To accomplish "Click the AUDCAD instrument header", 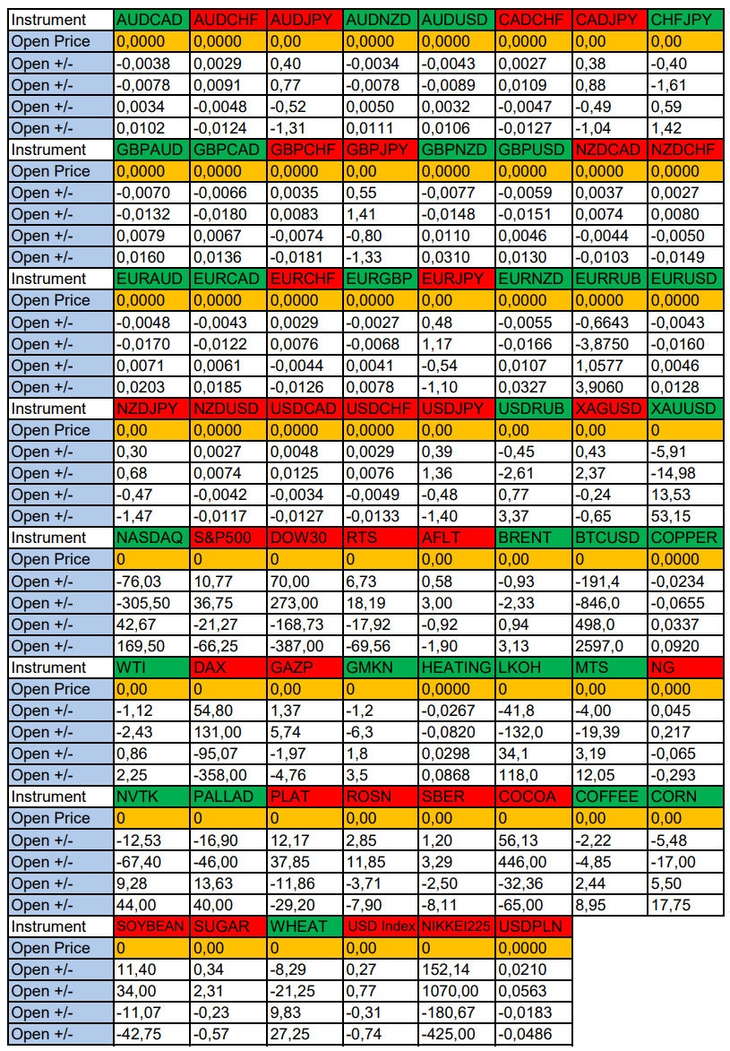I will click(x=151, y=20).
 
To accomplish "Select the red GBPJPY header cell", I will click(x=380, y=150).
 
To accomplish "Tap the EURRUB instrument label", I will click(x=609, y=279).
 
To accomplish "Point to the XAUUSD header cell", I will click(x=685, y=409).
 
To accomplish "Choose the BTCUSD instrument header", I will click(x=609, y=538).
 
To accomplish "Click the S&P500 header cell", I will click(x=228, y=538).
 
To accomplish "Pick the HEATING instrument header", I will click(x=456, y=668).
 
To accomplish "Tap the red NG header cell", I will click(x=685, y=668).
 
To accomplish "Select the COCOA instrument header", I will click(x=532, y=797).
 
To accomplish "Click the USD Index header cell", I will click(x=380, y=926).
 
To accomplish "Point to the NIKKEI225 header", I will click(x=456, y=926).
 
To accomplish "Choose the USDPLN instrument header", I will click(x=532, y=926).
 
